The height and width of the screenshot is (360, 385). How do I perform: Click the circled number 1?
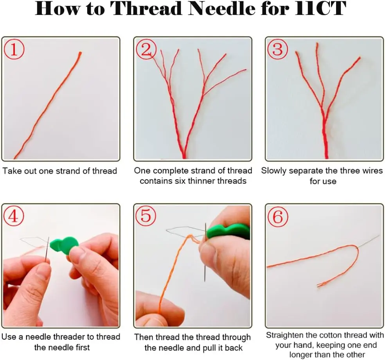coord(14,49)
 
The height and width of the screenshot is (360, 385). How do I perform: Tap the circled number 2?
coord(146,49)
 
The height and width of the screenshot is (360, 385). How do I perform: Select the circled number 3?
coord(277,49)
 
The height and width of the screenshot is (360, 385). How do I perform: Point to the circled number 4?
coord(14,216)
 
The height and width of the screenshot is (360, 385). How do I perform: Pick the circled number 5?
coord(146,216)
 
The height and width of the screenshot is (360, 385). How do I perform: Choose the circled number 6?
coord(278,217)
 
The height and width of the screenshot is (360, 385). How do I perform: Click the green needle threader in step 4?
coord(64,244)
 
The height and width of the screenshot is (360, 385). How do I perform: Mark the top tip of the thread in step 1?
coord(80,52)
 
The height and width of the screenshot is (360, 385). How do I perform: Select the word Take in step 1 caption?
coord(11,171)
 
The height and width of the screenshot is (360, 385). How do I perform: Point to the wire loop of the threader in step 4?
coord(34,241)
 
